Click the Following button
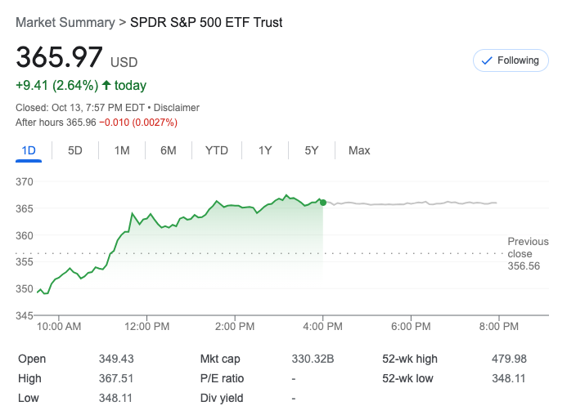[x=511, y=60]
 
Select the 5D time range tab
[x=75, y=150]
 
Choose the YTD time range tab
[x=217, y=150]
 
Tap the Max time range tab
[x=359, y=150]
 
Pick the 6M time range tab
[x=169, y=150]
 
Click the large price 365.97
[x=60, y=58]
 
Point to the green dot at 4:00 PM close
[x=323, y=203]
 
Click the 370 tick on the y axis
[x=25, y=182]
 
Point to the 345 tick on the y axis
[x=25, y=315]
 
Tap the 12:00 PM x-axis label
[x=146, y=327]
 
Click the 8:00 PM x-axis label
[x=499, y=327]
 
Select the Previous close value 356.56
[x=524, y=266]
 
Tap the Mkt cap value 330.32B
[x=313, y=359]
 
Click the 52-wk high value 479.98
[x=509, y=359]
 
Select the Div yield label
[x=223, y=398]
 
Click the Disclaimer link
[x=178, y=108]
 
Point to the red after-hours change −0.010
[x=115, y=123]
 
